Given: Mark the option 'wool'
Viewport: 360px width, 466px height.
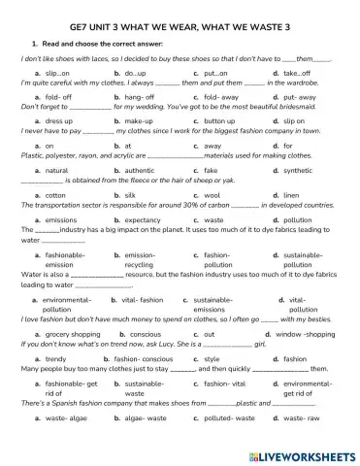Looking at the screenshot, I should (x=213, y=195).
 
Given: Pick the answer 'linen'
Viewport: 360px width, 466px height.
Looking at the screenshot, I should (x=293, y=195).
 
